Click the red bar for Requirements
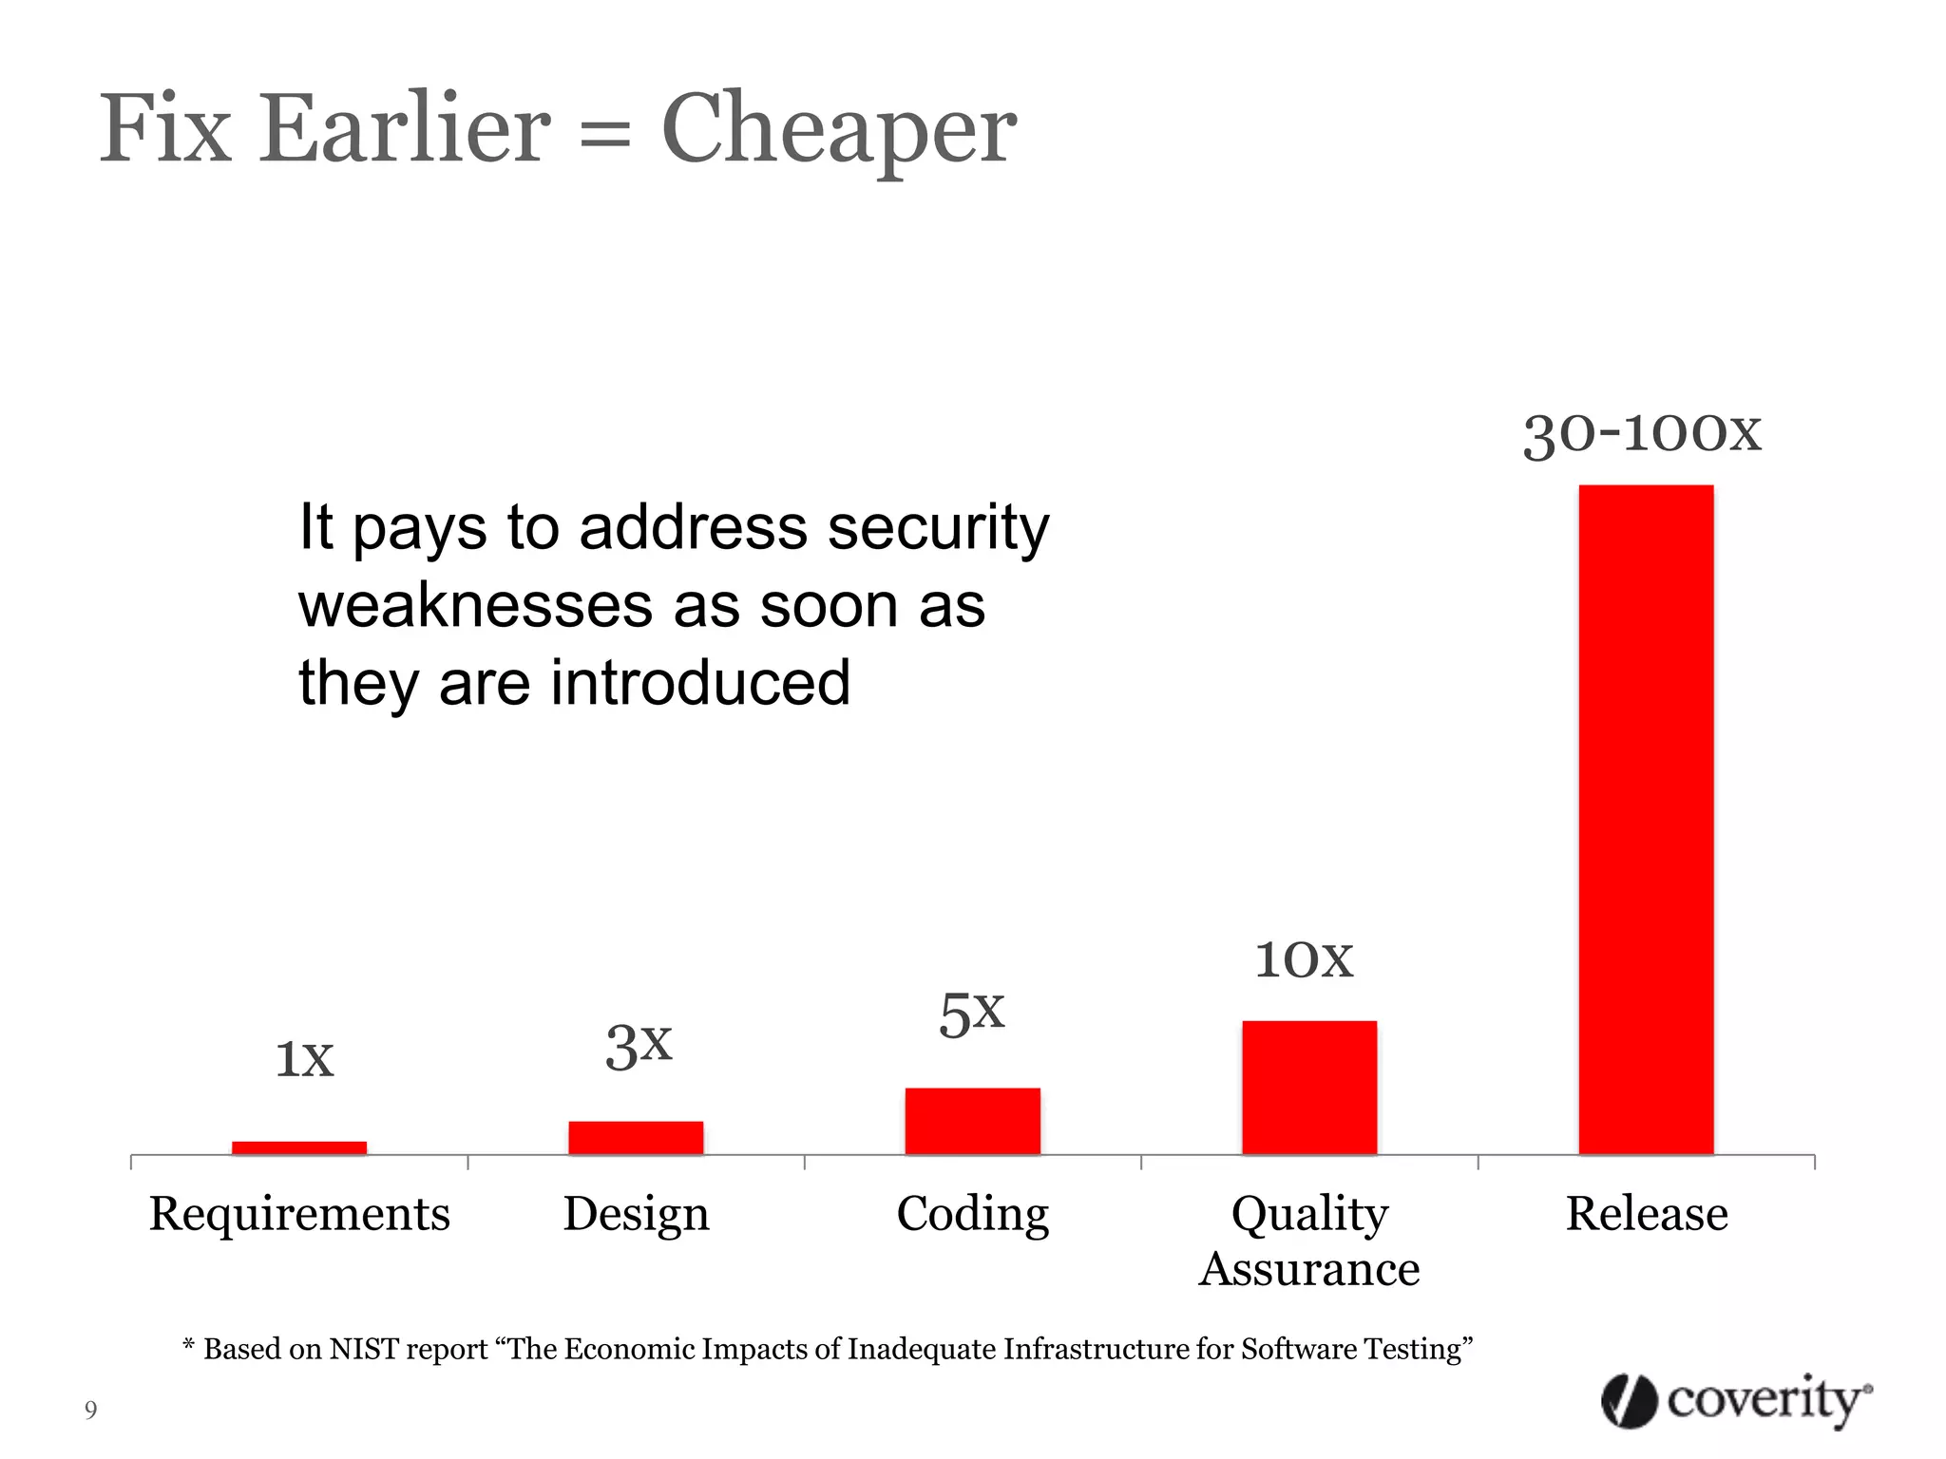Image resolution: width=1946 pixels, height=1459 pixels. pos(299,1147)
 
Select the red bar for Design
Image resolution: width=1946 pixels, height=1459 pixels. pos(636,1137)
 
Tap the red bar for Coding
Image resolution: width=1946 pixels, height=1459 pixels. pos(972,1121)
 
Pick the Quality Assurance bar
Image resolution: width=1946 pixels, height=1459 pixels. pos(1308,1087)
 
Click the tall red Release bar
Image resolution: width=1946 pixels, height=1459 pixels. pos(1646,819)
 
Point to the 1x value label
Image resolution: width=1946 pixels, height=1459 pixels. pos(304,1058)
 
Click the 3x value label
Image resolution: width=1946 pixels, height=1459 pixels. pos(639,1046)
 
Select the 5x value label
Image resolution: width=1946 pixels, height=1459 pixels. pos(971,1014)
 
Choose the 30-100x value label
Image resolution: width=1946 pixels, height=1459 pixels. pos(1642,434)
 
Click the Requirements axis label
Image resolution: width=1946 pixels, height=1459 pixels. pos(299,1213)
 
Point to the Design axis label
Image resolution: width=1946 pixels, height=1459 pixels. pos(636,1214)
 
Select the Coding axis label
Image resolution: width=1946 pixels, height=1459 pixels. pos(972,1214)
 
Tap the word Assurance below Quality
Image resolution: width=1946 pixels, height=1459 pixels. pos(1308,1269)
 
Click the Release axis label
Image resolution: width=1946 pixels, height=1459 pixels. pos(1646,1213)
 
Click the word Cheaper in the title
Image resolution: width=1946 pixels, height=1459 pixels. pos(838,130)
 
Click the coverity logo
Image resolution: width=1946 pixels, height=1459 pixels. pos(1735,1400)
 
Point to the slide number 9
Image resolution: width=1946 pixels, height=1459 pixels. pos(90,1410)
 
